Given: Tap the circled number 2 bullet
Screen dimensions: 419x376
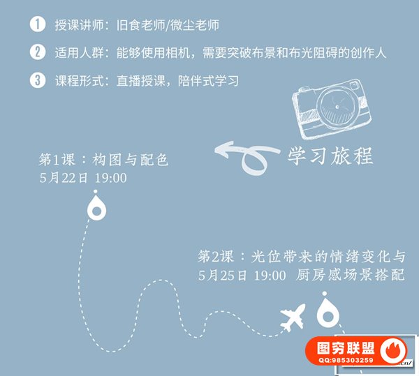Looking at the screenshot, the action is click(x=38, y=52).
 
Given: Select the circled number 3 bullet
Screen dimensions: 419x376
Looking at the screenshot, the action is click(x=38, y=80).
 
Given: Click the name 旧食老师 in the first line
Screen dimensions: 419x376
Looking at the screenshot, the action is click(x=141, y=25).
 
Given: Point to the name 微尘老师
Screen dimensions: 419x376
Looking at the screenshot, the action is click(x=195, y=25).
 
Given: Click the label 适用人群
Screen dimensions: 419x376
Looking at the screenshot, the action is click(x=80, y=53).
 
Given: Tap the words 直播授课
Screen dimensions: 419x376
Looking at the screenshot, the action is click(x=141, y=81).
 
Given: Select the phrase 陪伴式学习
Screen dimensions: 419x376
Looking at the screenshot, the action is click(x=208, y=81).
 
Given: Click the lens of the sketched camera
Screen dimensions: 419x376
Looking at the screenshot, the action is click(x=338, y=106).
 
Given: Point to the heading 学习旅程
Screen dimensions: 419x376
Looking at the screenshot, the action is click(x=330, y=156).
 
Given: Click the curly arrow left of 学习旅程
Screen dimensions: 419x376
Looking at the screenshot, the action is click(x=247, y=157).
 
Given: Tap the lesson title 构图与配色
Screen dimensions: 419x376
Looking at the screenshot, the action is click(x=131, y=160).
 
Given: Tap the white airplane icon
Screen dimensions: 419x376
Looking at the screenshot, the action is click(x=293, y=317).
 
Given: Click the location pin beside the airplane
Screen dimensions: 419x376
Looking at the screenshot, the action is click(x=328, y=310).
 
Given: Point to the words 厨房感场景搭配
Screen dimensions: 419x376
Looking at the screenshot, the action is click(x=351, y=275).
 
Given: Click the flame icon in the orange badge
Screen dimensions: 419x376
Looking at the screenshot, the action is click(x=393, y=350).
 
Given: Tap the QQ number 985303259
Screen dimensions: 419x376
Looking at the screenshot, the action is click(x=352, y=360).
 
